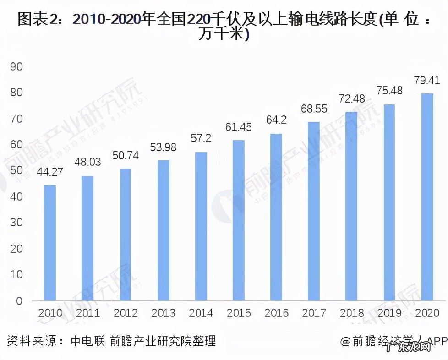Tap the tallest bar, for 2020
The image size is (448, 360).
point(427,197)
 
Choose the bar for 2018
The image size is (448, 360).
point(351,206)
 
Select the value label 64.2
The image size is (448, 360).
point(276,121)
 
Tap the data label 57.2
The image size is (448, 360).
point(201,139)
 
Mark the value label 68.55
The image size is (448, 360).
point(314,109)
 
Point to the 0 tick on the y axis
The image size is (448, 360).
point(19,301)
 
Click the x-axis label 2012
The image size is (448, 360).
point(126,313)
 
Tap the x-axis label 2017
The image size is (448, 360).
point(314,313)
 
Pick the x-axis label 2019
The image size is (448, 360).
point(389,313)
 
